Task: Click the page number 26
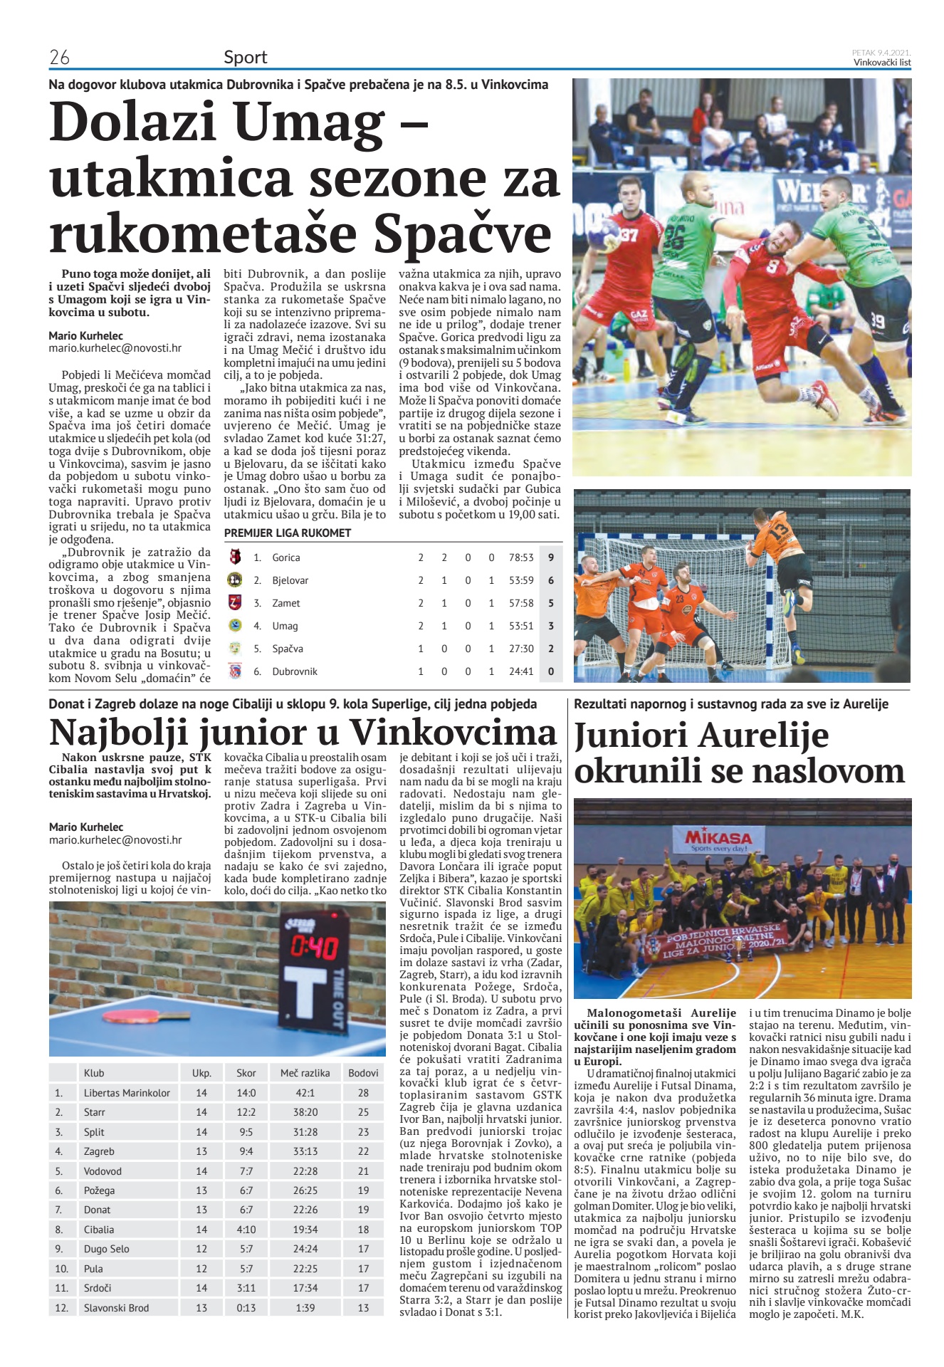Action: coord(59,58)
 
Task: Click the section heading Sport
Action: coord(245,58)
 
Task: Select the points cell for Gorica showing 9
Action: coord(550,557)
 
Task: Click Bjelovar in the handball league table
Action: coord(290,580)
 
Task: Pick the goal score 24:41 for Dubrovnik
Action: coord(521,671)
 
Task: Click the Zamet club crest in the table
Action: coord(235,603)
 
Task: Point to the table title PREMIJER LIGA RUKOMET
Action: coord(288,533)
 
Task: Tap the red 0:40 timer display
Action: coord(313,948)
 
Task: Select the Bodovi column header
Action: coord(363,1073)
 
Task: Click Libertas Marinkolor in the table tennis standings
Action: coord(127,1092)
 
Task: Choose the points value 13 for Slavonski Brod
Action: coord(363,1307)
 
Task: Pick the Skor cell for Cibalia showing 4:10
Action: coord(246,1229)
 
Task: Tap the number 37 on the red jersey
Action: coord(629,235)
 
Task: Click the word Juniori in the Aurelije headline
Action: coord(631,735)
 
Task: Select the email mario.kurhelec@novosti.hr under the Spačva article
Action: coord(115,348)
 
